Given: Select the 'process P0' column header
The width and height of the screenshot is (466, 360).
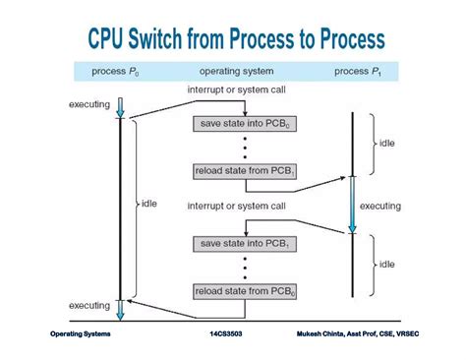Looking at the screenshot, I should pyautogui.click(x=117, y=71).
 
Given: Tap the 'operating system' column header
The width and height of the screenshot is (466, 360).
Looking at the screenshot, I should pyautogui.click(x=239, y=71).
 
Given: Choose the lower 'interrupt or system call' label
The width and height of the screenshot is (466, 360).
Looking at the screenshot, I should pyautogui.click(x=237, y=207).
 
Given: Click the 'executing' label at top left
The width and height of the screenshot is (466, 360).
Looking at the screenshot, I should pyautogui.click(x=89, y=103).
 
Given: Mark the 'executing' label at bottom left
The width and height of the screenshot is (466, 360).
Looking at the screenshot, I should pyautogui.click(x=89, y=307).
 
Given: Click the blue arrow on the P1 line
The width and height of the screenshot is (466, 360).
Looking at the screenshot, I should pyautogui.click(x=352, y=211).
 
